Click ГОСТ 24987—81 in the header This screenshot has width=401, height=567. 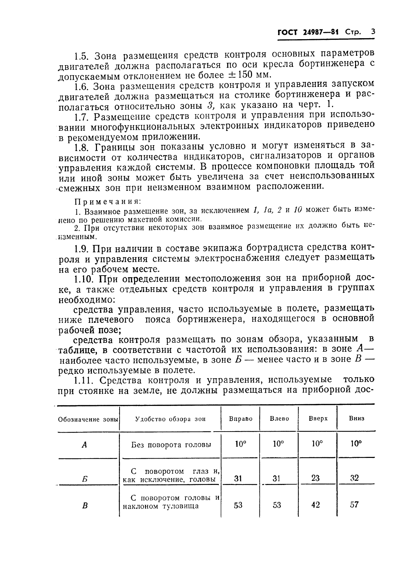point(308,32)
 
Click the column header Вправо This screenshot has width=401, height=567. point(241,419)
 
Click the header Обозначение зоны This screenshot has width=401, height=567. point(88,419)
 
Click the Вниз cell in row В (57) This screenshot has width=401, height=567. point(354,505)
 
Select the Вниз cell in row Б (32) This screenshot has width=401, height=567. point(354,478)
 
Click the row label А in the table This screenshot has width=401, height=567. point(84,445)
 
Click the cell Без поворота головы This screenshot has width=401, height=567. point(171,445)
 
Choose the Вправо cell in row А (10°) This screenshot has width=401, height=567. point(241,444)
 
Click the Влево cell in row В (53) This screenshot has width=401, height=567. point(277,505)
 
